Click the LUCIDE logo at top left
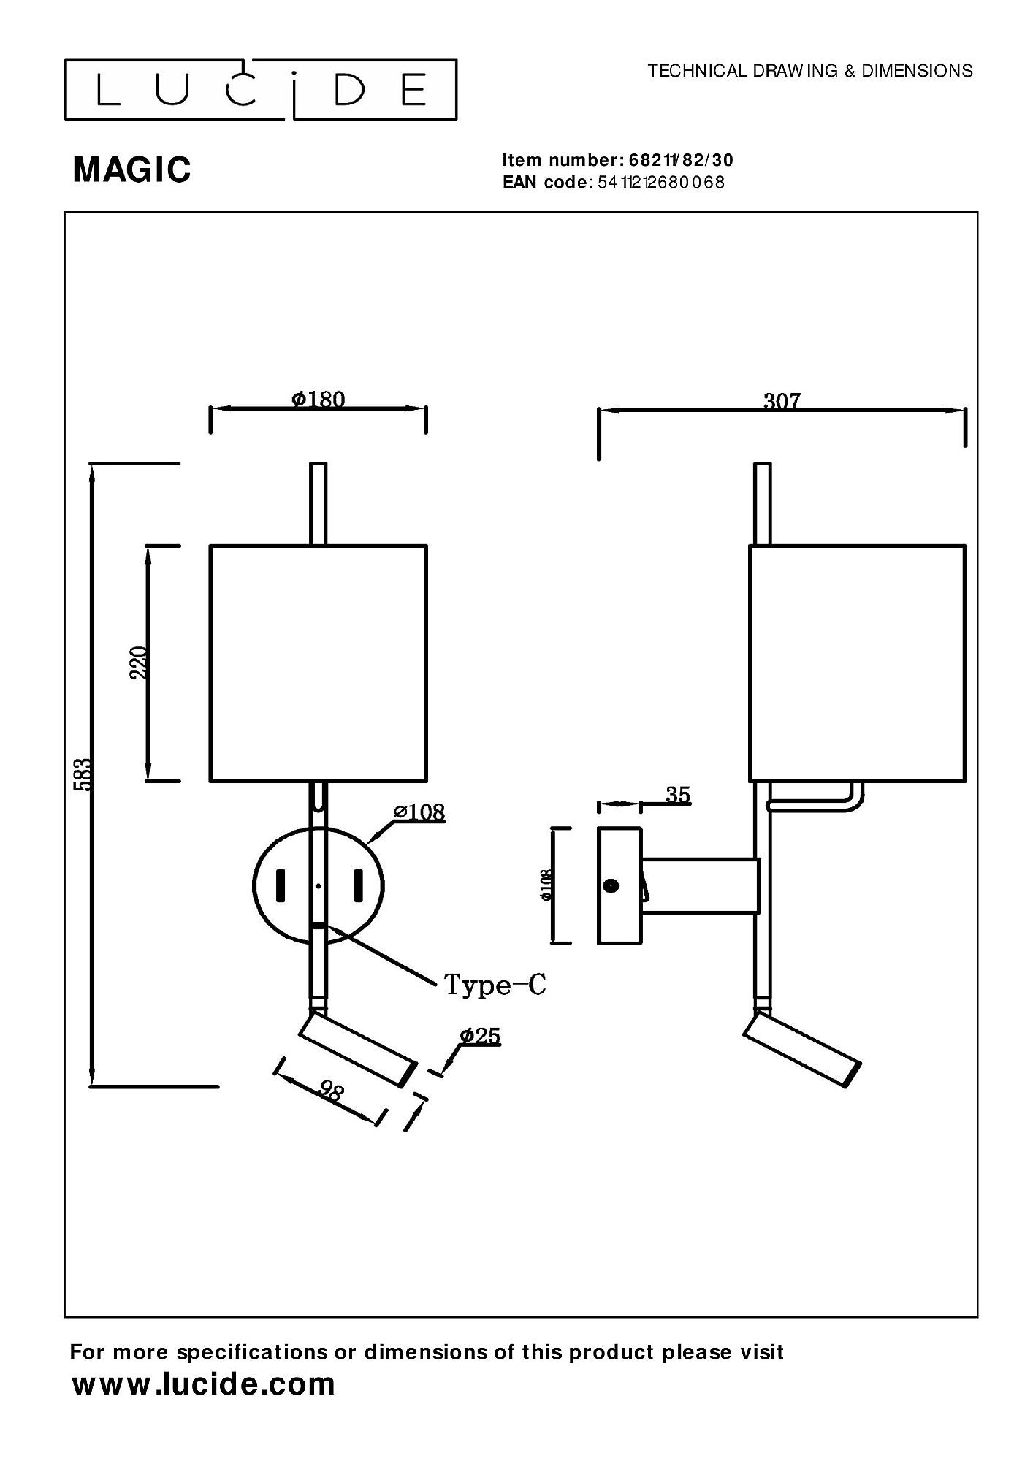261,90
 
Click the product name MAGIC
132,169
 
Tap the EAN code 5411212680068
660,183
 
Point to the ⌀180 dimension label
318,399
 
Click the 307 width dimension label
781,401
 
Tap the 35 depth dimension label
678,795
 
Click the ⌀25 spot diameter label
480,1036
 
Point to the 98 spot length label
330,1091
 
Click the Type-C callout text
495,985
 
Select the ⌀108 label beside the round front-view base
419,812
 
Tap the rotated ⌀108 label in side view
546,885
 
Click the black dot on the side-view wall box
611,885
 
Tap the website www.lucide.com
203,1384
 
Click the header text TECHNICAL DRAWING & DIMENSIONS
810,71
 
